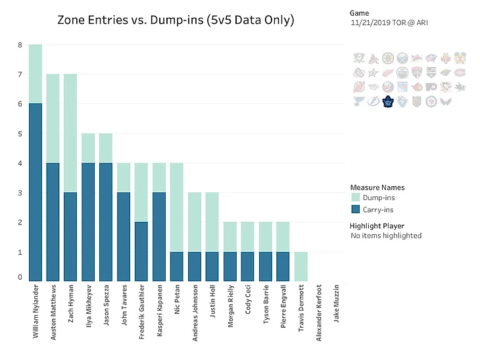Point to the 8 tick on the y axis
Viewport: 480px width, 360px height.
point(20,45)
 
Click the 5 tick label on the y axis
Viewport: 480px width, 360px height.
point(20,134)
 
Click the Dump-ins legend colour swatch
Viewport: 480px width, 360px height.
point(356,197)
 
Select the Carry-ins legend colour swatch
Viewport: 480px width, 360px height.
point(356,209)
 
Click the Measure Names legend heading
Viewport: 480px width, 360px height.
point(377,188)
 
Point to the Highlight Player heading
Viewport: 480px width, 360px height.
point(377,226)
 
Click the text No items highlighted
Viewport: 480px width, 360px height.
point(386,236)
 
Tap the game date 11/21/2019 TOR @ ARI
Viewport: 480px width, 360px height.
point(390,23)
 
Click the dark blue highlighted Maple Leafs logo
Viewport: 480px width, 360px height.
point(388,101)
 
